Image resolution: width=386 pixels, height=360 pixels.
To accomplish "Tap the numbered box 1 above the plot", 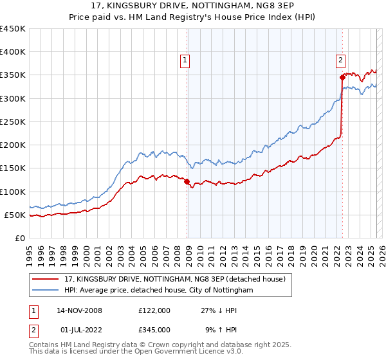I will pyautogui.click(x=185, y=60).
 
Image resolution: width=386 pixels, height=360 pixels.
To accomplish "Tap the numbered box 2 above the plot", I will pyautogui.click(x=340, y=60).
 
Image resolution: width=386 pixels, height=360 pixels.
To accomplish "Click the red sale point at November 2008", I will pyautogui.click(x=187, y=182).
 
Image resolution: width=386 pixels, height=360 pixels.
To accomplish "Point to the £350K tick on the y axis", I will pyautogui.click(x=13, y=75).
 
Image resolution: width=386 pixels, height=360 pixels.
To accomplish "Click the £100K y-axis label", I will pyautogui.click(x=13, y=192).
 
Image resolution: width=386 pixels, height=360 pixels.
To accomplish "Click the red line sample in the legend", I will pyautogui.click(x=46, y=279).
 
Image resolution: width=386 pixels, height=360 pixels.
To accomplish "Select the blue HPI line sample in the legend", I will pyautogui.click(x=46, y=291).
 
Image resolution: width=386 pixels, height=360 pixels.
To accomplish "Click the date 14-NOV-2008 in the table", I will pyautogui.click(x=79, y=310).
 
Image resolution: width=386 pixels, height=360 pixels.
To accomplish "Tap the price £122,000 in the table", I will pyautogui.click(x=154, y=310).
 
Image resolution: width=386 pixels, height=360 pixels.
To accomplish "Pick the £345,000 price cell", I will pyautogui.click(x=154, y=330).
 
